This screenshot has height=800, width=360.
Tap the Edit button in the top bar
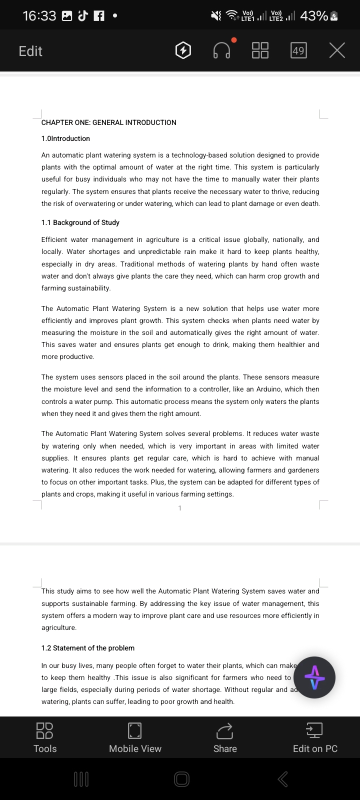(30, 51)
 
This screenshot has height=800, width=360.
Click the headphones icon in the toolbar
(222, 50)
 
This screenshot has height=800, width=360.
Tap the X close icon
(337, 50)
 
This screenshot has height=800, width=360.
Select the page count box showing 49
(298, 50)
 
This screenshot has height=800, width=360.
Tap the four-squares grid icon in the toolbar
(260, 50)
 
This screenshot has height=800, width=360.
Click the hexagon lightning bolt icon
(183, 50)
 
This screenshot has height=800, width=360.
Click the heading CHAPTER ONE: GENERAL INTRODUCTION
(108, 122)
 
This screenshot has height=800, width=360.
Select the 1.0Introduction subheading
(65, 138)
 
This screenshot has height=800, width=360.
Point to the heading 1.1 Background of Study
(80, 222)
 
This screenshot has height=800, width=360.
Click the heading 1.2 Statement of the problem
(87, 648)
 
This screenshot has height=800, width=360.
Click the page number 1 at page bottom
(180, 508)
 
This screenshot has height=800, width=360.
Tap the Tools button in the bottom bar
(45, 737)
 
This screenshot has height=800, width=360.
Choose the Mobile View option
(135, 737)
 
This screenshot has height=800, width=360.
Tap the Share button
(225, 737)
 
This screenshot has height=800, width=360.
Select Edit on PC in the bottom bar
(315, 737)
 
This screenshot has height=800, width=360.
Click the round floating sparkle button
(314, 677)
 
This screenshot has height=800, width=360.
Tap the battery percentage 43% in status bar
(314, 16)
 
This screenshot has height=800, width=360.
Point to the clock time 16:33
(39, 16)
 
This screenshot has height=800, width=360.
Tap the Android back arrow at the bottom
(282, 778)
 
